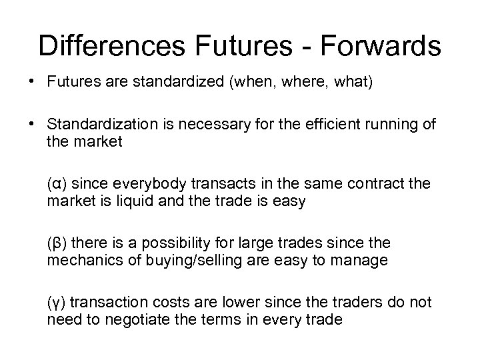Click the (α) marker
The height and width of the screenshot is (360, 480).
pyautogui.click(x=57, y=183)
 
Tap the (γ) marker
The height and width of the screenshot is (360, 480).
pyautogui.click(x=57, y=303)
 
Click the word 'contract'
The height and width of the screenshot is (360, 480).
pyautogui.click(x=379, y=183)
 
